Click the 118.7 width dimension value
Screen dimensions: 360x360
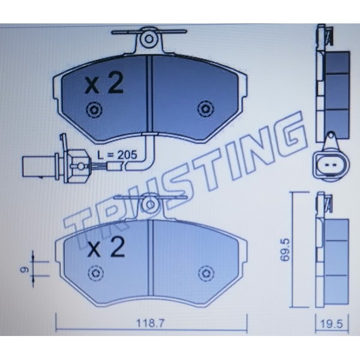tap(151, 324)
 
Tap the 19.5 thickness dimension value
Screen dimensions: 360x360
tap(332, 324)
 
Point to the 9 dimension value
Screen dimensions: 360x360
tap(25, 269)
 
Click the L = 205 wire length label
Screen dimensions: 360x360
tap(117, 155)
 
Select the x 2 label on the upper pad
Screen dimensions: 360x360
tap(104, 83)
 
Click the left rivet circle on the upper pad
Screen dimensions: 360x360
tap(94, 110)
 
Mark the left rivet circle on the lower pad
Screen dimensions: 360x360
tap(96, 273)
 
